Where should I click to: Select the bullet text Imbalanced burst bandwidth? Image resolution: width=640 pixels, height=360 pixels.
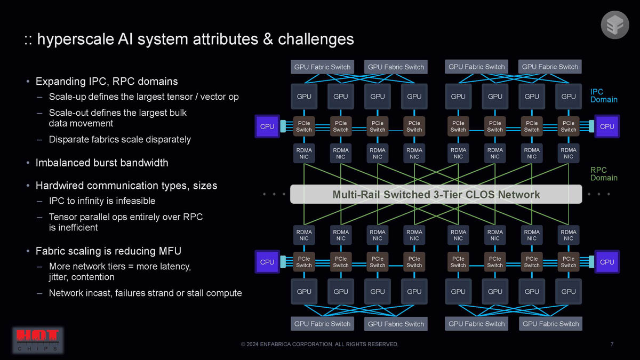click(x=101, y=163)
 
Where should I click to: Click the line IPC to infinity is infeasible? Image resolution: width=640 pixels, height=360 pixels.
click(x=102, y=201)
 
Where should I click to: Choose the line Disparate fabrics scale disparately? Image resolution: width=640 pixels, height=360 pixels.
click(x=119, y=139)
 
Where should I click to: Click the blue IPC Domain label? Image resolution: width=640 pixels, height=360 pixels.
click(x=603, y=96)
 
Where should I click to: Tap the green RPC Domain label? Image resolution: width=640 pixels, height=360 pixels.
click(x=603, y=174)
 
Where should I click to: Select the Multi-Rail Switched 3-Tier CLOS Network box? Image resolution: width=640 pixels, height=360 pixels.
click(x=436, y=195)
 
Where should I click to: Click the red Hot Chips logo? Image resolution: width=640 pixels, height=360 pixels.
click(x=38, y=341)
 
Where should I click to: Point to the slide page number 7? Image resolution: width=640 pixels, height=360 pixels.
click(x=612, y=344)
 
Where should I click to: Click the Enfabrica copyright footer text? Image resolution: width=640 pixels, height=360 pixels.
click(x=319, y=344)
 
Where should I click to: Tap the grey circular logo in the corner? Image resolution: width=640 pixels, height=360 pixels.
click(x=615, y=25)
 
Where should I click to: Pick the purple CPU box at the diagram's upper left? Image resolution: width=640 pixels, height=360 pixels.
click(x=267, y=126)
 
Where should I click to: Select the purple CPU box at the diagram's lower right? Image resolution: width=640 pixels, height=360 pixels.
click(x=607, y=262)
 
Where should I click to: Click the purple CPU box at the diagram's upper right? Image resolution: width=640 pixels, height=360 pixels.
click(x=607, y=126)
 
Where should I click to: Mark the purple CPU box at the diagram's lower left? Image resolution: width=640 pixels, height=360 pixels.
click(x=267, y=262)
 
